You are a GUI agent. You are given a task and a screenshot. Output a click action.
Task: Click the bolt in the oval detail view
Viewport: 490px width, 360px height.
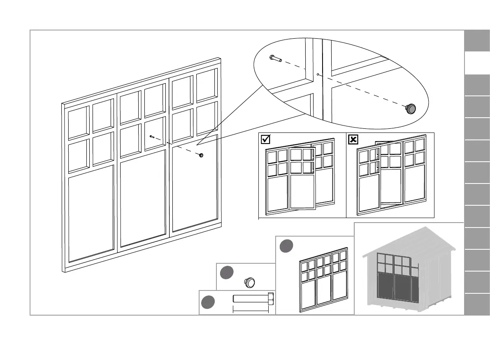(275, 58)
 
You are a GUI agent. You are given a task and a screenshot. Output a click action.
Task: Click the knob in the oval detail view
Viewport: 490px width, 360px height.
(411, 109)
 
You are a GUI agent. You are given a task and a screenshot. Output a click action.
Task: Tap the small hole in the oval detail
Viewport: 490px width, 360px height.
(318, 74)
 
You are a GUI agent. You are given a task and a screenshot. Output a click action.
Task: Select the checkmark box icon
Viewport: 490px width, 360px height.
(266, 139)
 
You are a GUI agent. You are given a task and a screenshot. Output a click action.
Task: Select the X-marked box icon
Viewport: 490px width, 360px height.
(353, 140)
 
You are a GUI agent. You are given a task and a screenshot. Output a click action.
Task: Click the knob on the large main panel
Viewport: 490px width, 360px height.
(201, 155)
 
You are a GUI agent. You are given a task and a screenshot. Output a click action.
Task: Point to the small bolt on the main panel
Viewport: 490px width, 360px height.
(152, 137)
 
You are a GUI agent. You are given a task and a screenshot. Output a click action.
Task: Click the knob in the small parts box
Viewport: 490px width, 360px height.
(250, 282)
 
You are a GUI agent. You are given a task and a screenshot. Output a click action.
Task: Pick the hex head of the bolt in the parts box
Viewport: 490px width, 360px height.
(271, 298)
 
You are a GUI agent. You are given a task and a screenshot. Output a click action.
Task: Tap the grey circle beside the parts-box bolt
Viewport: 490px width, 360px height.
(208, 302)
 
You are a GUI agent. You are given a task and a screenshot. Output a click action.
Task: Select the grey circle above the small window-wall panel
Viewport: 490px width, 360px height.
(286, 245)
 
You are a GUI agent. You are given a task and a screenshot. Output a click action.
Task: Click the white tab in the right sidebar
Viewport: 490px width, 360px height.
(477, 63)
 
